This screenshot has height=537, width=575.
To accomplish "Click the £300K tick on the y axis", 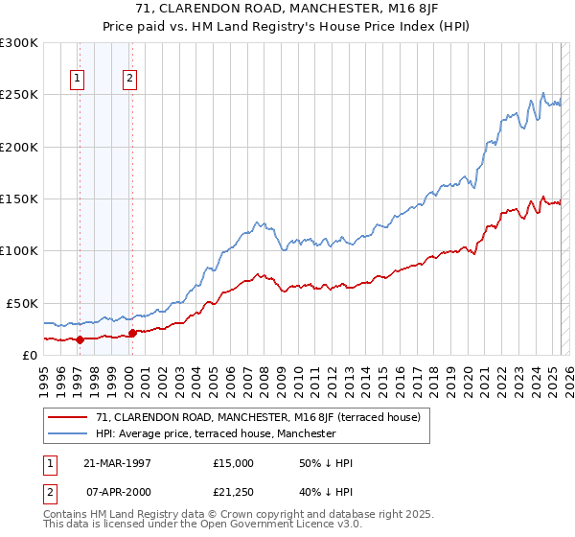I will (18, 43).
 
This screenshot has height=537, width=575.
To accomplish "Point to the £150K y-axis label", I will (18, 199).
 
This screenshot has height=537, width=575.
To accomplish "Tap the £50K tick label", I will (22, 303).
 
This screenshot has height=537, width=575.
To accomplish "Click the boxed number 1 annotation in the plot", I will (78, 80).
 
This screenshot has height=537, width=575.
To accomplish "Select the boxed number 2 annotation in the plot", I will (129, 80).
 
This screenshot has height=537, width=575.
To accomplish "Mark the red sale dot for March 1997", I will (80, 339).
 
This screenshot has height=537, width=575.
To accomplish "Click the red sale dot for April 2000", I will (132, 333).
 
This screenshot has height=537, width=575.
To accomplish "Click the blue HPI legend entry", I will (216, 433).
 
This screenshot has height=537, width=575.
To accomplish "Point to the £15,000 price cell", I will (234, 463).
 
